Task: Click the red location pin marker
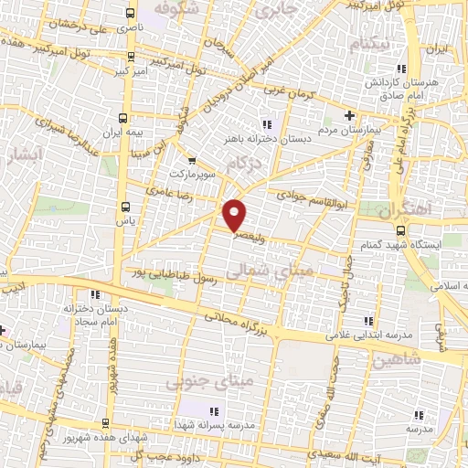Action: click(x=236, y=213)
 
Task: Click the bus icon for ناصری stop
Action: click(x=130, y=14)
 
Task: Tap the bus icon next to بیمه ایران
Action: click(x=124, y=118)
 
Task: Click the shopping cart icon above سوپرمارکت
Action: click(x=190, y=157)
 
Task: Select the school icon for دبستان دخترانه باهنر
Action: click(x=266, y=124)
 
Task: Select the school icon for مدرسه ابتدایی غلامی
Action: click(x=367, y=321)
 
